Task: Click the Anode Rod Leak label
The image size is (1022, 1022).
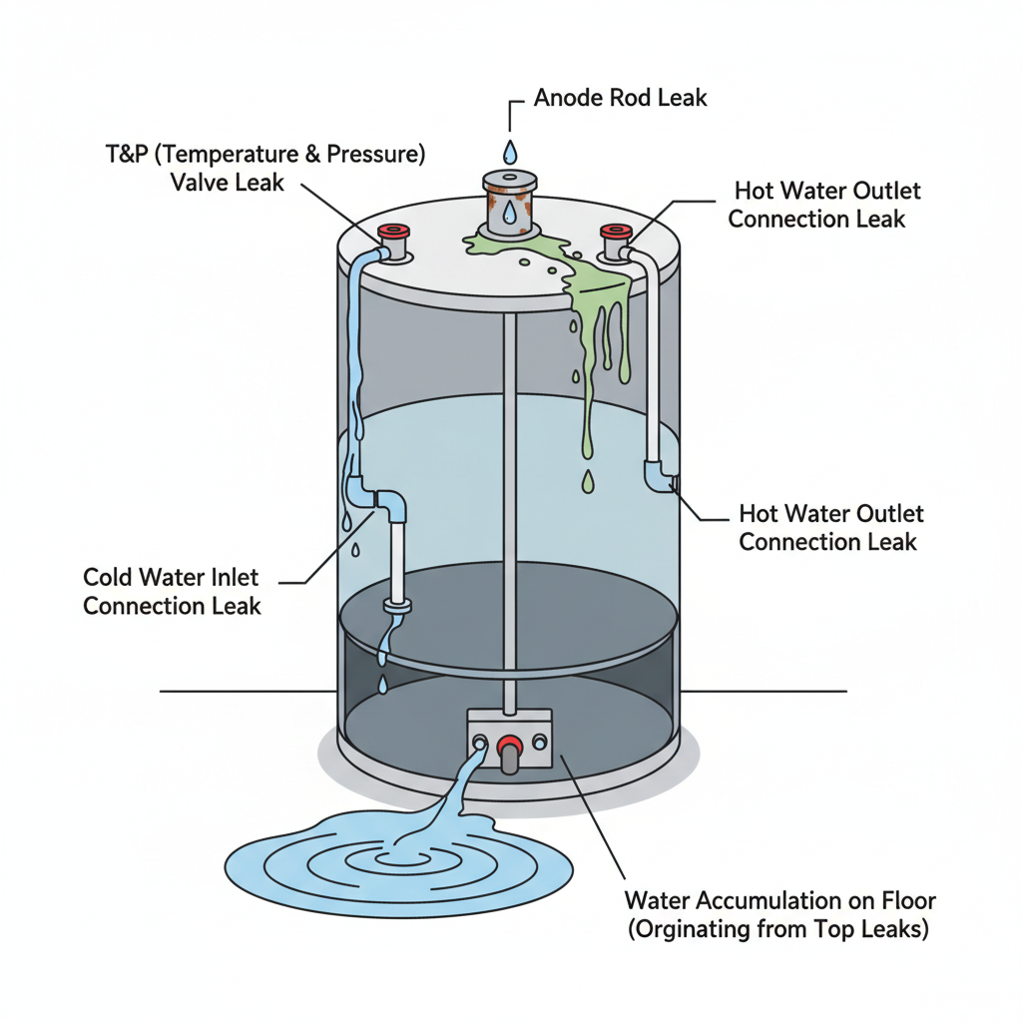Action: pyautogui.click(x=620, y=98)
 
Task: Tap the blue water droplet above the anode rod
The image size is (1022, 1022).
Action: pyautogui.click(x=511, y=152)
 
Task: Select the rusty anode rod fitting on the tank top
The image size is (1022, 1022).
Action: pyautogui.click(x=510, y=205)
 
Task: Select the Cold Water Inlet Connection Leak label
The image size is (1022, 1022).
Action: pyautogui.click(x=172, y=591)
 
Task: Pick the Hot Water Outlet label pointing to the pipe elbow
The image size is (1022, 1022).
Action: pyautogui.click(x=830, y=527)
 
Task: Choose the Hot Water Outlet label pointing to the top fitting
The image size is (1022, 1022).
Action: pyautogui.click(x=825, y=204)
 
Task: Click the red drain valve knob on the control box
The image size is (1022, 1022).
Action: pyautogui.click(x=510, y=744)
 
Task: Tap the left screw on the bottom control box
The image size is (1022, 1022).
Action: pyautogui.click(x=481, y=743)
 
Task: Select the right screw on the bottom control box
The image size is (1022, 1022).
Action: pyautogui.click(x=540, y=742)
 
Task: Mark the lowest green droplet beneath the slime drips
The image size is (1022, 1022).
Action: pyautogui.click(x=589, y=482)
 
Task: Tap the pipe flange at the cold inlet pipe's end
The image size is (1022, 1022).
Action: pyautogui.click(x=396, y=605)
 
